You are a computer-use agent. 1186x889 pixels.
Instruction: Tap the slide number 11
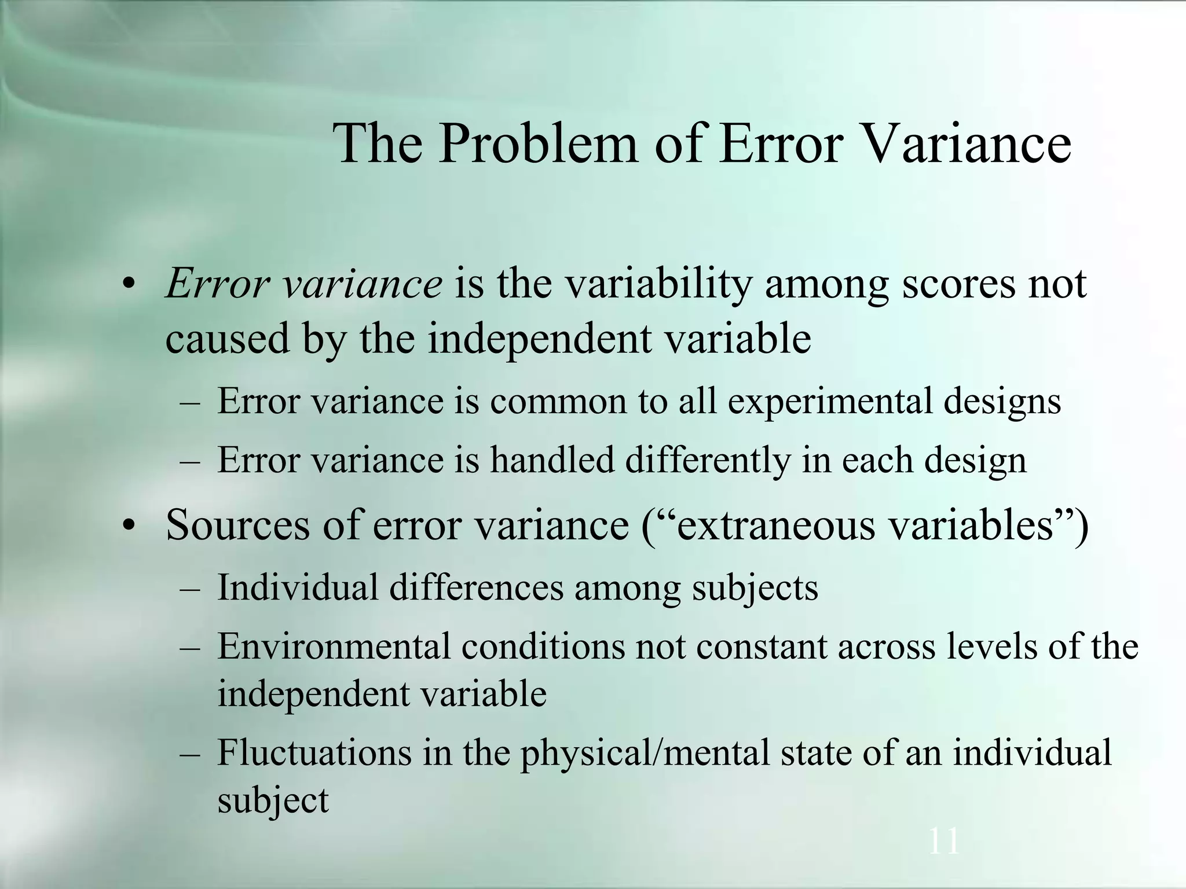(943, 841)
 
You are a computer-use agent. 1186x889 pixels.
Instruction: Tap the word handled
(552, 460)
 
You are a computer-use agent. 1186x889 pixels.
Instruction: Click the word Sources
(237, 524)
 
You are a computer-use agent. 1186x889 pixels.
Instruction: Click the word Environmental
(334, 646)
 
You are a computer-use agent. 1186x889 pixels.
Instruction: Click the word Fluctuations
(314, 752)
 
